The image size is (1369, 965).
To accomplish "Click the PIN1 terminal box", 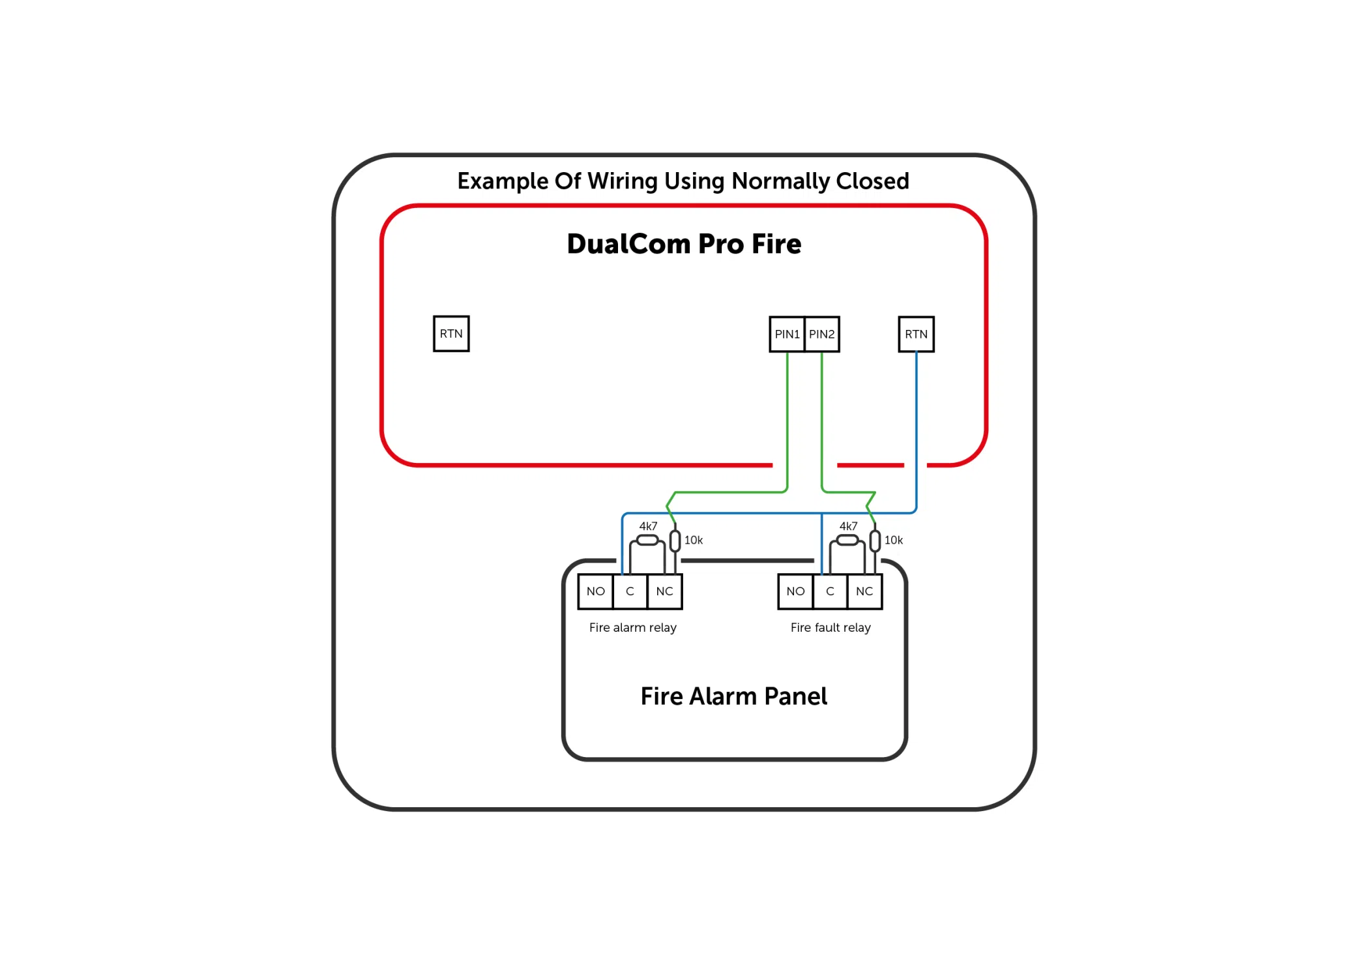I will coord(787,334).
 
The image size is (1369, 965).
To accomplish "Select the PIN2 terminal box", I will coord(822,334).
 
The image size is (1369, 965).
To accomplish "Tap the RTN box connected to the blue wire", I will coord(916,334).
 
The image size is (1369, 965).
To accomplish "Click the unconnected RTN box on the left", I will coord(451,334).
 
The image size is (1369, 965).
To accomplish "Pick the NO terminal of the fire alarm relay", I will coord(595,591).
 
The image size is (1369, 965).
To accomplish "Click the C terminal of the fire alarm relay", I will coord(630,591).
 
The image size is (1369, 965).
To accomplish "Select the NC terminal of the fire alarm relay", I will coord(664,591).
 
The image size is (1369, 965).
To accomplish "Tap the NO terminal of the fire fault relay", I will coord(795,591).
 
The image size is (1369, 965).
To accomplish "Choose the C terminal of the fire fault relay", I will coord(830,591).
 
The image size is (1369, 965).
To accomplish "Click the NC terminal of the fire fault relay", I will coord(864,591).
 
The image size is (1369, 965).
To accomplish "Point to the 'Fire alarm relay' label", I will coord(632,627).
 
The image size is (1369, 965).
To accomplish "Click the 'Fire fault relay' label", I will coord(831,627).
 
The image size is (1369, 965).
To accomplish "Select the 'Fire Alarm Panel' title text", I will coord(733,696).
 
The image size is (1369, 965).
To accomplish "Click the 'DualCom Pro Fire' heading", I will coord(684,244).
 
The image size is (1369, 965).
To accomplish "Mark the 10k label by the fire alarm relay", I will coord(694,540).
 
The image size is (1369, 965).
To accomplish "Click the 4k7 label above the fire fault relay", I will coord(848,526).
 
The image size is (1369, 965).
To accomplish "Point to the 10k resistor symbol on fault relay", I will coord(875,541).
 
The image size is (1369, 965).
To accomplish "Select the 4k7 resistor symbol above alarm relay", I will coord(647,540).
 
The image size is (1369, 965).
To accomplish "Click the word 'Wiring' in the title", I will coord(623,181).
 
